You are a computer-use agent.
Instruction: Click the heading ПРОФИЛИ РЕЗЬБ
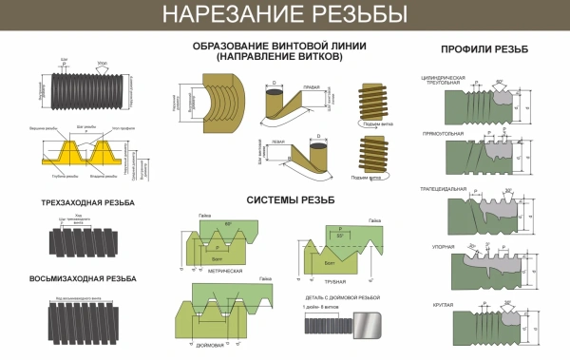485,49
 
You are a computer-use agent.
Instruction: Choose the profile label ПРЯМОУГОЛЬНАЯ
442,134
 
